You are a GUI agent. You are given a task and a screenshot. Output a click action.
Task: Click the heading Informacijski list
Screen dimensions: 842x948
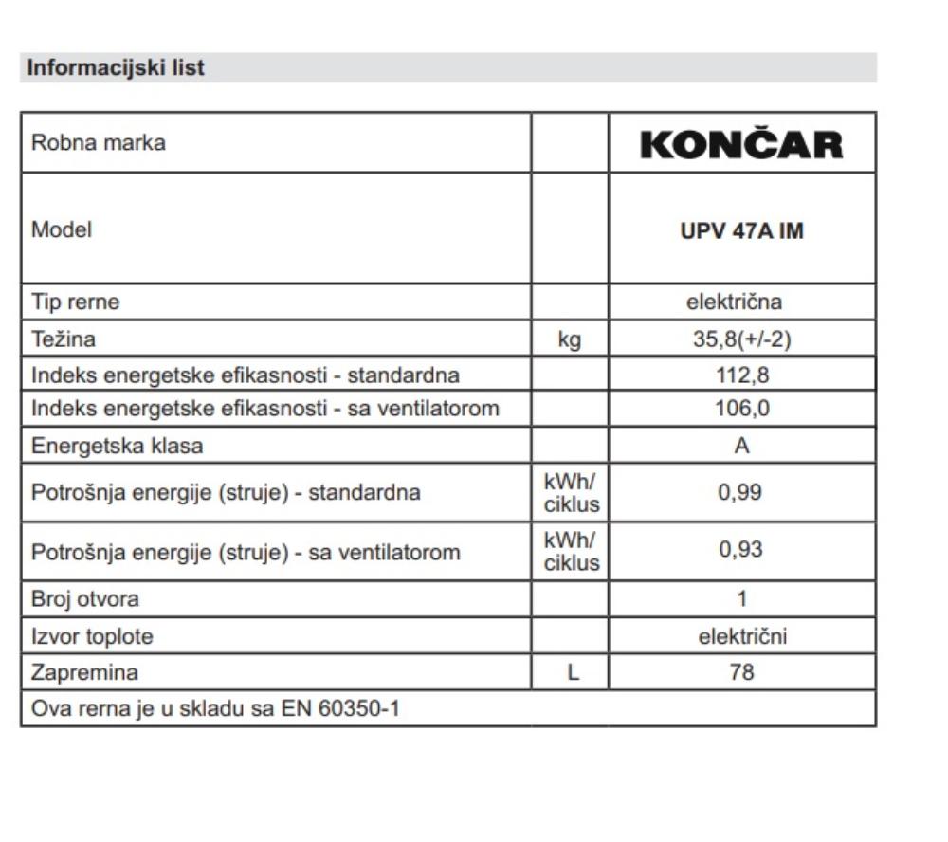point(116,68)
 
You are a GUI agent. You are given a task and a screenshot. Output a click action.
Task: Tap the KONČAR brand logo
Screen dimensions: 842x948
point(741,144)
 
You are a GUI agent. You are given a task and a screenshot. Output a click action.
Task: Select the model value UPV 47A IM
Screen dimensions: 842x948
point(741,230)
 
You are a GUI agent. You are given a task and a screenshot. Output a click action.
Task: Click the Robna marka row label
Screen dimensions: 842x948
point(99,143)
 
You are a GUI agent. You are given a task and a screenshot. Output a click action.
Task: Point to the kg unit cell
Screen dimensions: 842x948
point(570,339)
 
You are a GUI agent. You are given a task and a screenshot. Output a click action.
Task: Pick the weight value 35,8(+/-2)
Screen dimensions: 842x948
point(741,339)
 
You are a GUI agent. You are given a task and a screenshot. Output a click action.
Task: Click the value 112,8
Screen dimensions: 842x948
point(741,375)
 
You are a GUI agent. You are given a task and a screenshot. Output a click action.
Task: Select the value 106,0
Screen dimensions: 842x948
point(741,410)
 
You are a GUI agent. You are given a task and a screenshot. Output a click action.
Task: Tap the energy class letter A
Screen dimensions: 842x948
point(741,446)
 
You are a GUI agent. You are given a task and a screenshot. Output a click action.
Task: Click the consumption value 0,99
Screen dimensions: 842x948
point(741,493)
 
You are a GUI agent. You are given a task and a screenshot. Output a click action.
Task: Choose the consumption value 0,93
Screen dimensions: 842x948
point(741,551)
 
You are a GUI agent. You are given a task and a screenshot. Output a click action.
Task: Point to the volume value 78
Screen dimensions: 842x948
point(741,673)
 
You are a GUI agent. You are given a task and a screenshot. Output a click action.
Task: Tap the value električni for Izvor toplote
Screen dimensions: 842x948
point(742,636)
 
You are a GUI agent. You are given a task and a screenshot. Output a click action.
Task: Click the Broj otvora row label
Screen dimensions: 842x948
point(85,599)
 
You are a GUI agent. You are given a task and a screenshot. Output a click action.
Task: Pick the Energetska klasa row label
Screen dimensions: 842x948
point(118,446)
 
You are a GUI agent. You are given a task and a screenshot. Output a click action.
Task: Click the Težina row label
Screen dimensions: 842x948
point(64,339)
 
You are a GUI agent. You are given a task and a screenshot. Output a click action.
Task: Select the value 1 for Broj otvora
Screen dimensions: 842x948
point(741,599)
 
